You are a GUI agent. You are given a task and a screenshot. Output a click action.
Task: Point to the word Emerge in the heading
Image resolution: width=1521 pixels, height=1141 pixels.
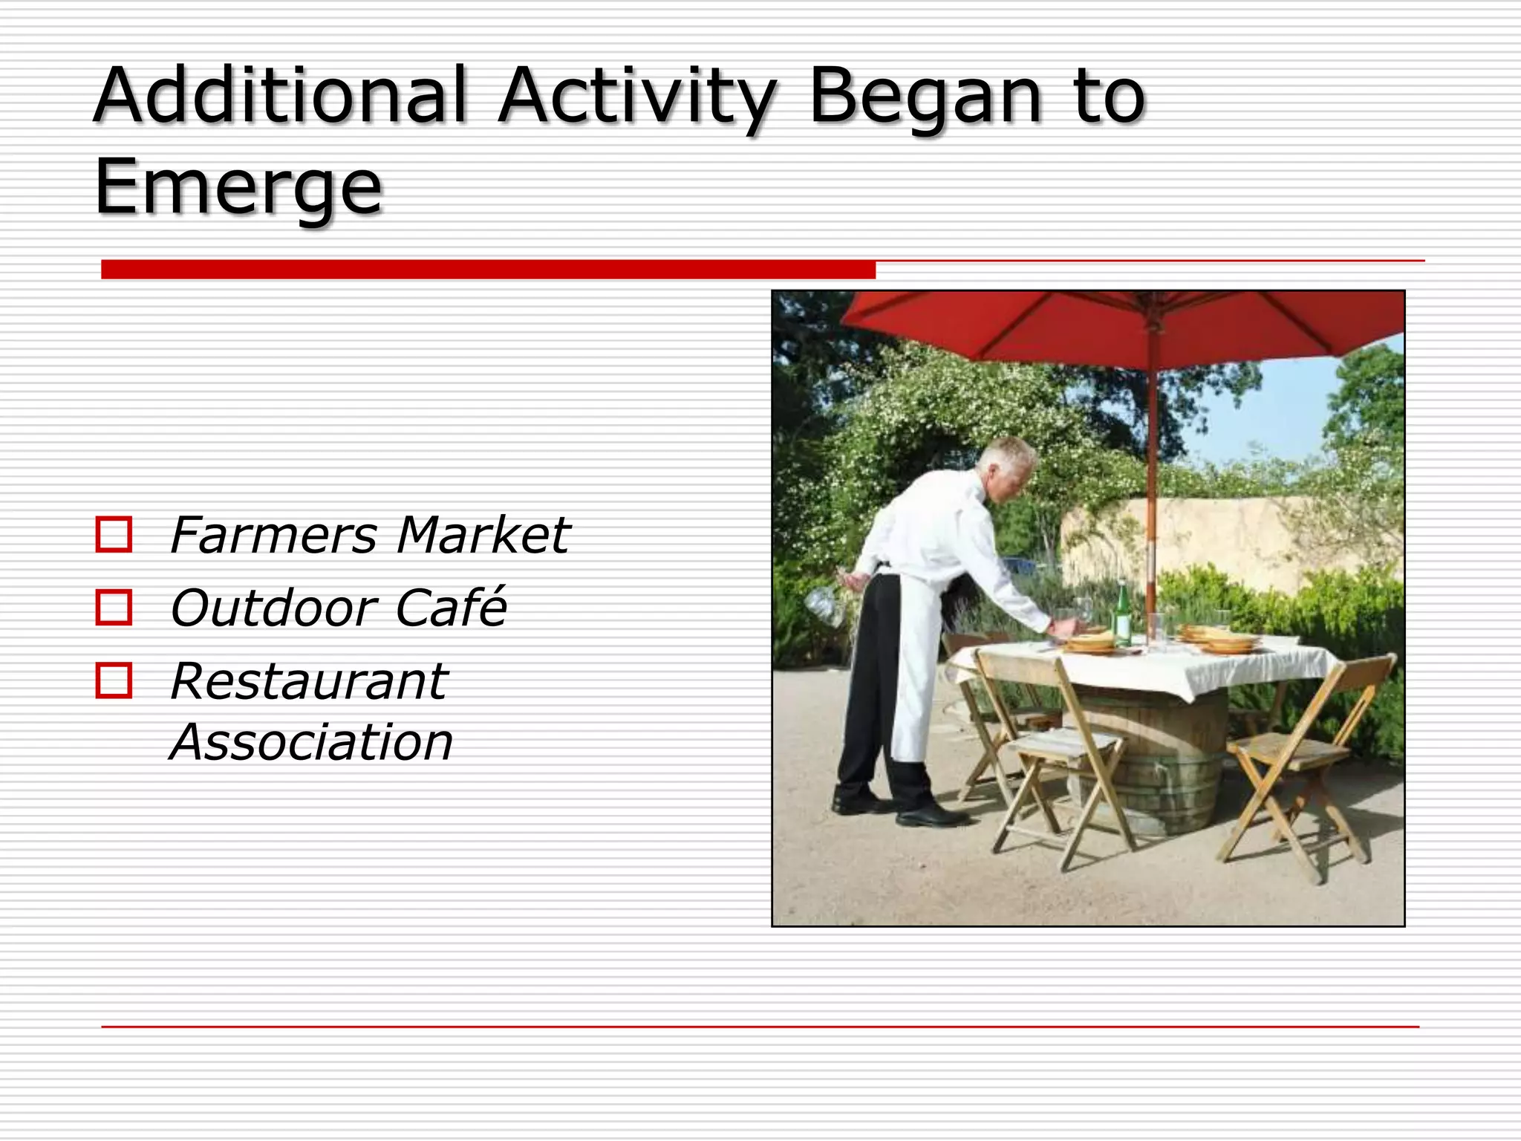click(238, 187)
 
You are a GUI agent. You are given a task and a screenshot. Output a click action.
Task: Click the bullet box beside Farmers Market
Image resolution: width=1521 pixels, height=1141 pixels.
click(114, 534)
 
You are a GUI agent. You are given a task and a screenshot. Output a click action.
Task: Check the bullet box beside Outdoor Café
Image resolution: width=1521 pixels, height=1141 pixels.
click(114, 607)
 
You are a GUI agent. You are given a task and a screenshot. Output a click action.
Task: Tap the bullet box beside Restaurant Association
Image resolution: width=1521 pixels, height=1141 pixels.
click(114, 680)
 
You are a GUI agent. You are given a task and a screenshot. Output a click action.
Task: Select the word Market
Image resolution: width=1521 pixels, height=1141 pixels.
click(483, 535)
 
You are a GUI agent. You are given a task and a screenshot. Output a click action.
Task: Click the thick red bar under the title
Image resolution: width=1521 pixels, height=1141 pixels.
click(488, 269)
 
